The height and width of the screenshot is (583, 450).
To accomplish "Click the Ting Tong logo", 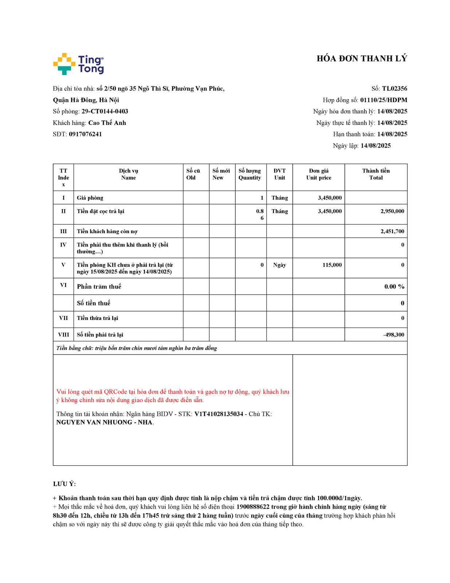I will click(x=78, y=64).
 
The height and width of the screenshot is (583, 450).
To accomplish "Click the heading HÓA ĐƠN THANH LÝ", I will click(x=362, y=59).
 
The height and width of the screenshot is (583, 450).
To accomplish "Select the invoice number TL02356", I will click(x=394, y=89).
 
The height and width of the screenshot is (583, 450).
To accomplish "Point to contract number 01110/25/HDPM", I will click(x=383, y=100).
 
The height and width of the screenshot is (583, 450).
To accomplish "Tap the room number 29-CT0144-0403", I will click(x=104, y=111).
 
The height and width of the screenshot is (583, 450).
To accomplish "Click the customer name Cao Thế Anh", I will click(x=107, y=123).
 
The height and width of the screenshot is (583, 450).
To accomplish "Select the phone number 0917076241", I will click(x=85, y=134).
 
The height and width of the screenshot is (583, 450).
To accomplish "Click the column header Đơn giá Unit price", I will click(x=319, y=174).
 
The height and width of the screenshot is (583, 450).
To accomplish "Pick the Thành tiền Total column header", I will click(x=376, y=174).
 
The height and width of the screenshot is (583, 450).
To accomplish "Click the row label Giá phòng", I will click(x=90, y=198).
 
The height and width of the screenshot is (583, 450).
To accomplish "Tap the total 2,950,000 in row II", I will click(x=392, y=211).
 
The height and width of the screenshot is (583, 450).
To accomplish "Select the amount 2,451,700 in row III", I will click(x=392, y=231).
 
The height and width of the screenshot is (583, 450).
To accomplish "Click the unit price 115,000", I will click(x=332, y=265).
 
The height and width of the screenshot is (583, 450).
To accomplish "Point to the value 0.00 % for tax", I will click(x=394, y=287).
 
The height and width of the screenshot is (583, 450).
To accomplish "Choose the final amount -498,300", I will click(x=393, y=335).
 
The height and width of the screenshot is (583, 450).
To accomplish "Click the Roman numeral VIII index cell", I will click(x=63, y=335).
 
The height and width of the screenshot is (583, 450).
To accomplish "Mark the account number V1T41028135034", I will click(x=218, y=414).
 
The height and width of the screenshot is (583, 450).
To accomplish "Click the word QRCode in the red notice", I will click(x=115, y=392).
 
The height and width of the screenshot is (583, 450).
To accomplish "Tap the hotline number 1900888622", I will click(x=253, y=507).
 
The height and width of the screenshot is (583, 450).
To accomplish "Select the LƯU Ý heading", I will click(x=64, y=484).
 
